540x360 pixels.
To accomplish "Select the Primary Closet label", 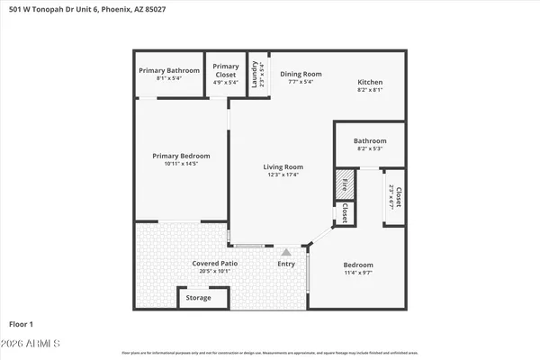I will [226, 70].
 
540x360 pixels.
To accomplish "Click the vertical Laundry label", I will [255, 72].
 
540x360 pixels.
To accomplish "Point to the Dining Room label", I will [300, 74].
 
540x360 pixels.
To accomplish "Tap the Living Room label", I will [283, 166].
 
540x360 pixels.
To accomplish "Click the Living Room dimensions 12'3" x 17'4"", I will [283, 175].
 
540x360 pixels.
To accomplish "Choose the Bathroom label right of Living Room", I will [369, 141].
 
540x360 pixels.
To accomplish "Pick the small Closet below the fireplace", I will [345, 212].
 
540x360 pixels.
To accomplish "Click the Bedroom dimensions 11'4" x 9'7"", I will [357, 272].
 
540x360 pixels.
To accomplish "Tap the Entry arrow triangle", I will [286, 253].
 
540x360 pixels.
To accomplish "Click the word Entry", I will [286, 264].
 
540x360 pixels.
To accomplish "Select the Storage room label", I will [198, 298].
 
